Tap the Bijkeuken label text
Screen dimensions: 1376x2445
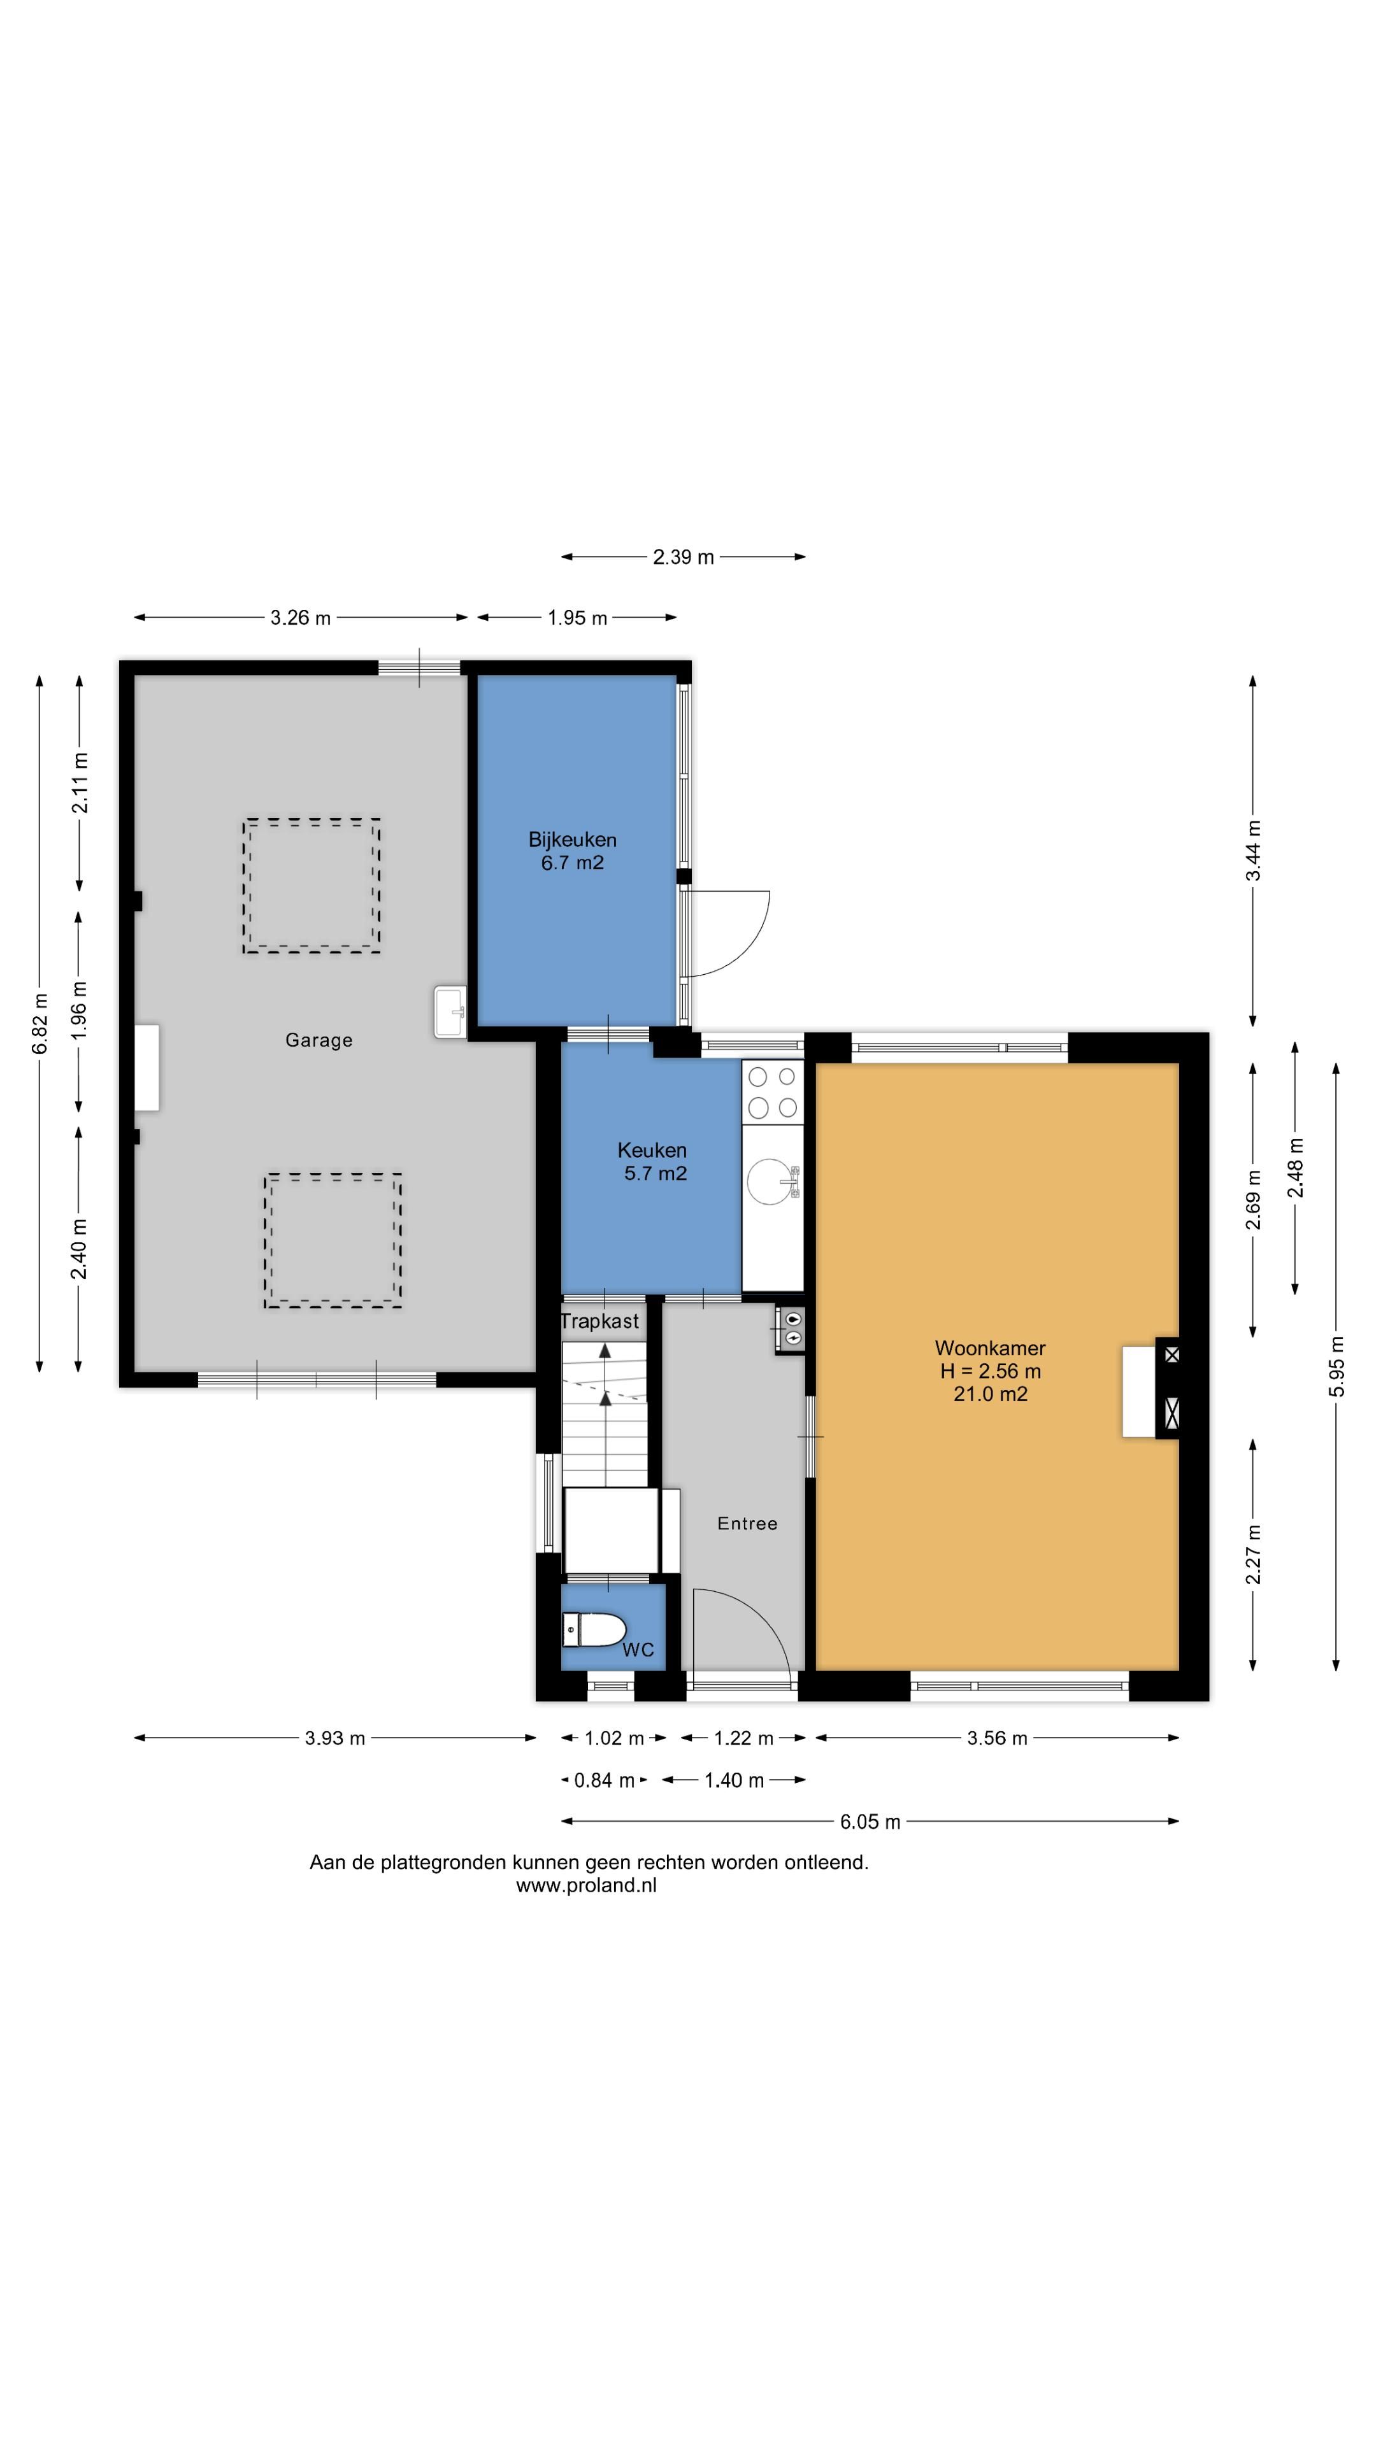(573, 839)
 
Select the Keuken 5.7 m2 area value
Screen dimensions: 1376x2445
(656, 1173)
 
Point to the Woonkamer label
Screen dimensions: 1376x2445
(991, 1348)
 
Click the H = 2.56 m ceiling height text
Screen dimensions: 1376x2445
(991, 1371)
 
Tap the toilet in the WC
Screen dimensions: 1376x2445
(594, 1630)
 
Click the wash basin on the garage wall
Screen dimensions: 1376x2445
(450, 1012)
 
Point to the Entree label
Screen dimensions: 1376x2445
(747, 1524)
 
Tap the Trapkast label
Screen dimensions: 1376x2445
(599, 1321)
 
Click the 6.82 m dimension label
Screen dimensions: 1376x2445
(39, 1023)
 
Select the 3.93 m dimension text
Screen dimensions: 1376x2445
(335, 1738)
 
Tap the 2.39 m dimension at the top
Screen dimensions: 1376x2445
(683, 557)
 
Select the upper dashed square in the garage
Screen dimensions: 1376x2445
(312, 886)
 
